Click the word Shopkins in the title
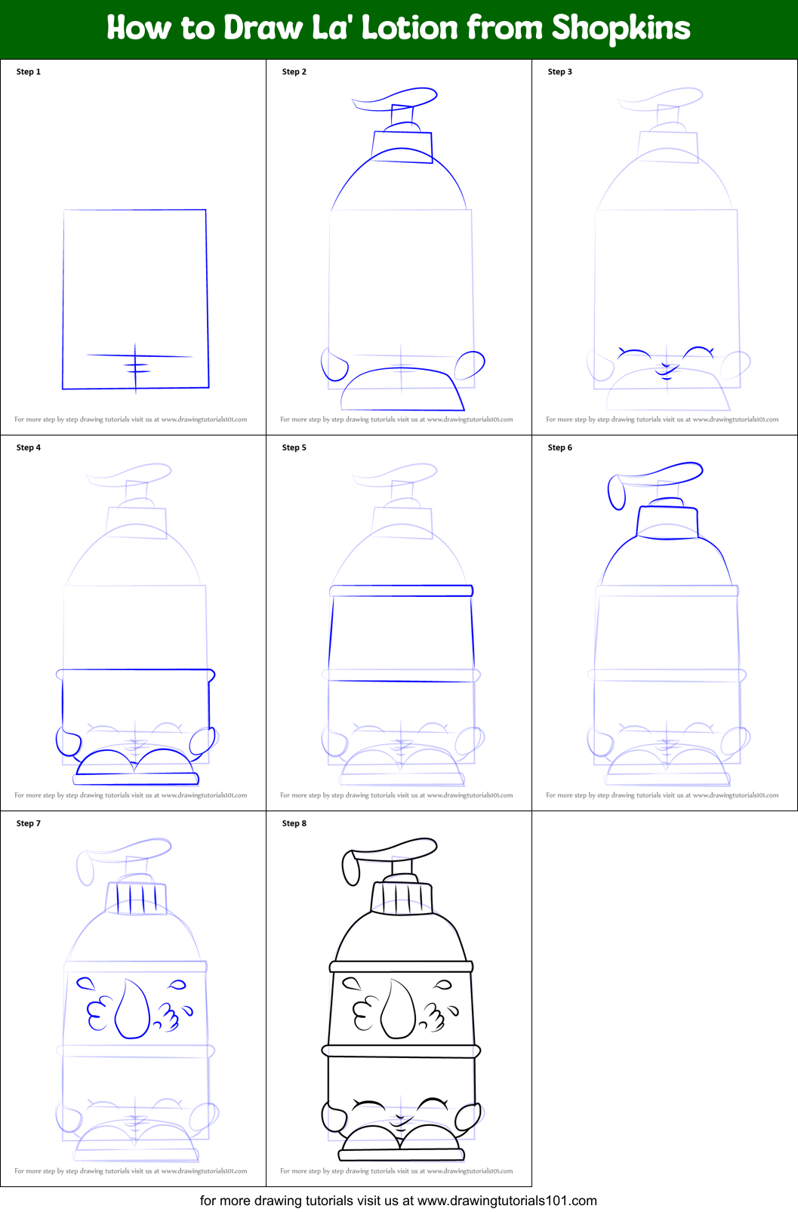621,29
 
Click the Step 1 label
29,72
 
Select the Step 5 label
294,448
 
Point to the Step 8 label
294,823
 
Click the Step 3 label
560,72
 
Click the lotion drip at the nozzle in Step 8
350,869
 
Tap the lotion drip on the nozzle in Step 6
617,493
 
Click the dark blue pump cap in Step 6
667,521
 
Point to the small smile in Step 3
666,370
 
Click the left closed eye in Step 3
634,352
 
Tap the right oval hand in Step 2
470,365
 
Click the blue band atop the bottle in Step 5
402,591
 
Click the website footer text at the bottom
399,1200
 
